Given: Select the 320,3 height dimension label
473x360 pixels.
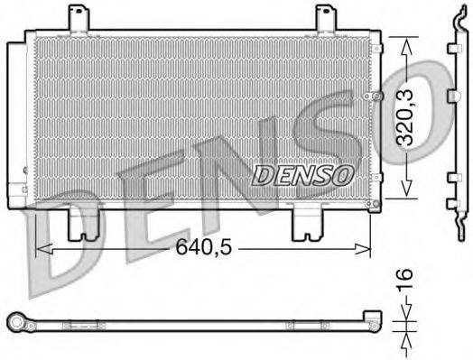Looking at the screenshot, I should coord(407,116).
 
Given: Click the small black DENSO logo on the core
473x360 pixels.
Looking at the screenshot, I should coord(298,174).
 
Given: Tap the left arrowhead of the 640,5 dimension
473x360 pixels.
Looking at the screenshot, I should coord(42,245).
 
